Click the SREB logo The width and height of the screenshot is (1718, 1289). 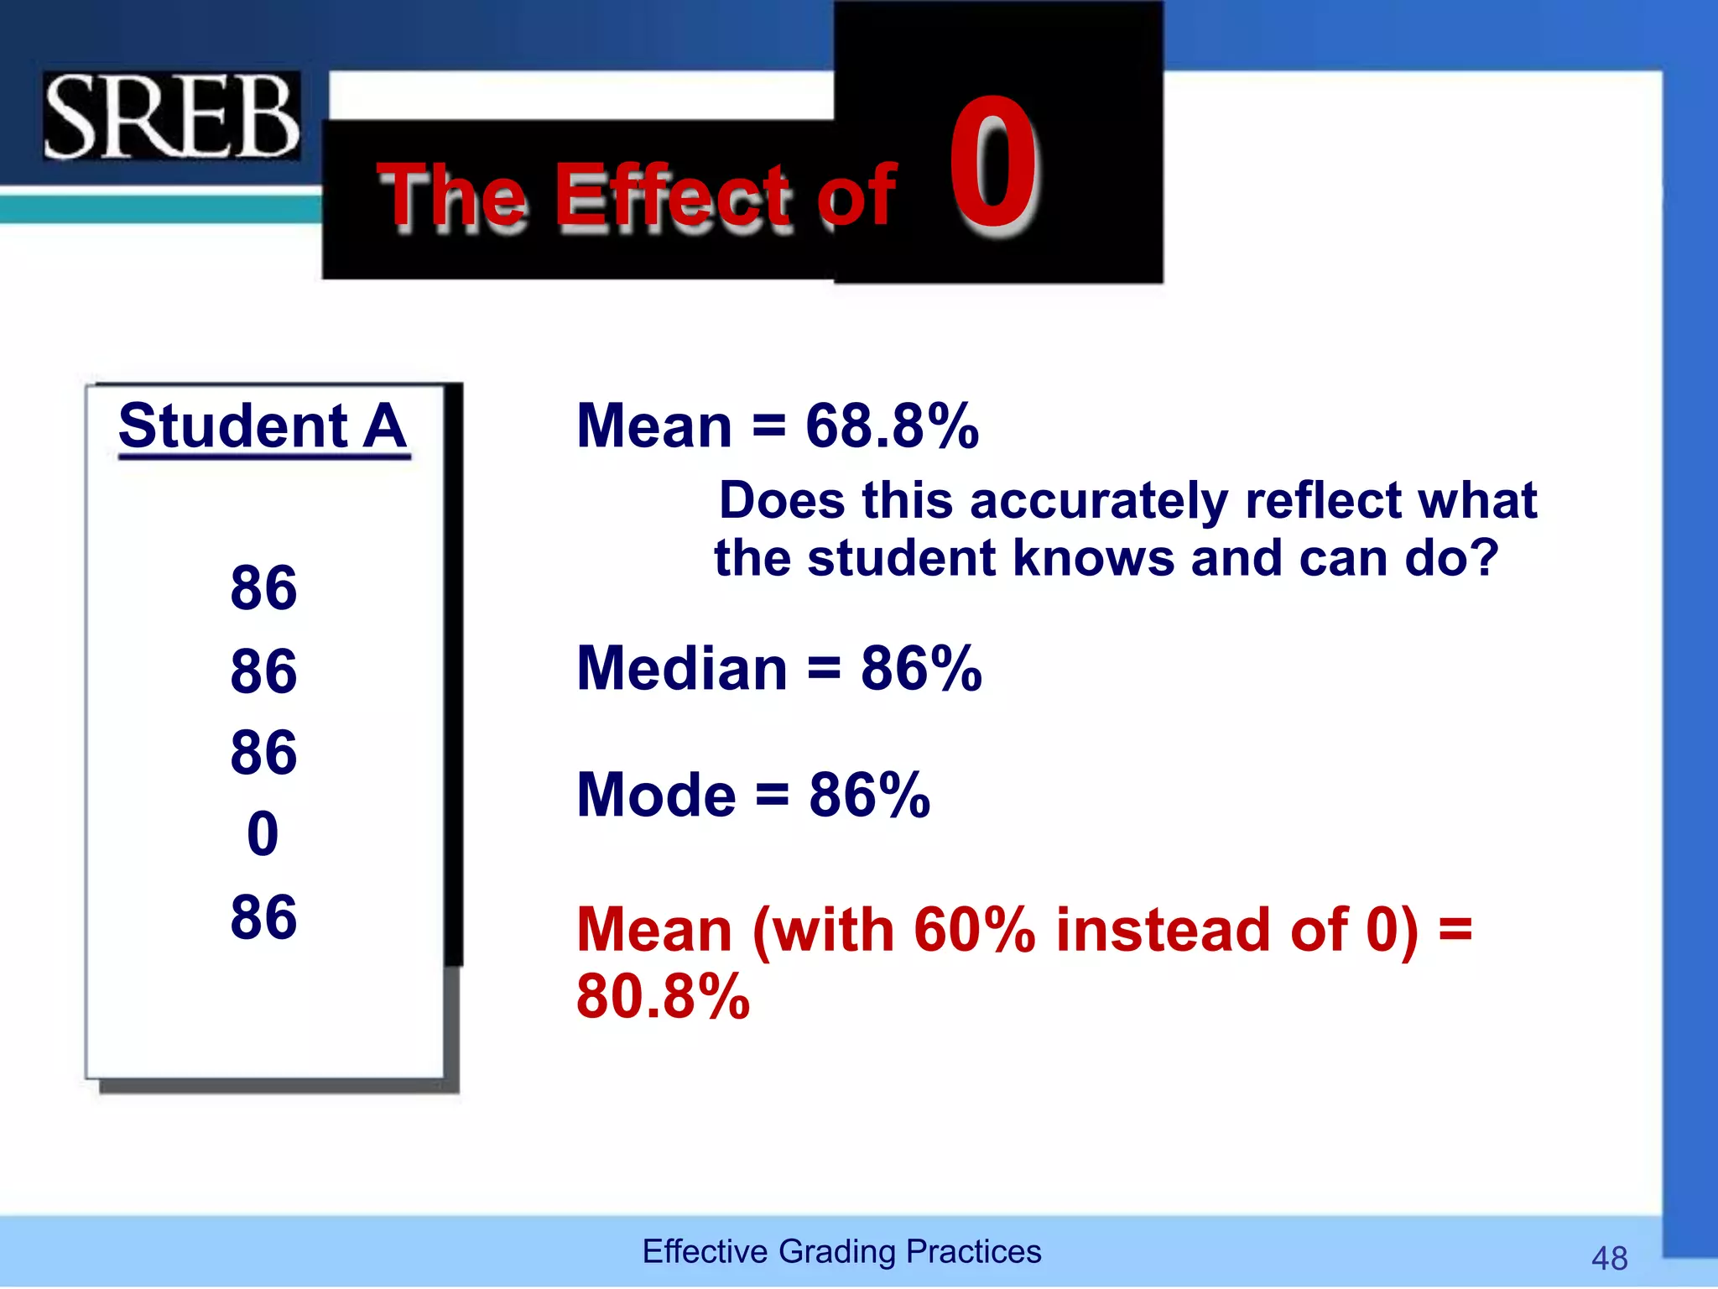coord(171,116)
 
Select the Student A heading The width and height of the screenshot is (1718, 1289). coord(263,426)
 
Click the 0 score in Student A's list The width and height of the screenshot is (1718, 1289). coord(263,834)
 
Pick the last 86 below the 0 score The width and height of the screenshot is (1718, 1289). coord(263,916)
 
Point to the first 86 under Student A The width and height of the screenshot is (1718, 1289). coord(263,587)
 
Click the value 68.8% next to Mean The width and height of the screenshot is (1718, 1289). coord(892,426)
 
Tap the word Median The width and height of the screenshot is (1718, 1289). coord(682,669)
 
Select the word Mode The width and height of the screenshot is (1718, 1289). coord(656,795)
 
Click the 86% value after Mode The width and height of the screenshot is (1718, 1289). coord(869,795)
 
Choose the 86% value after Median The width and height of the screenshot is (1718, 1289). coord(920,669)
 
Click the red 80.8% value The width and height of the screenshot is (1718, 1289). coord(663,997)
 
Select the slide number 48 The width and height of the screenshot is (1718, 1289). coord(1609,1258)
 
